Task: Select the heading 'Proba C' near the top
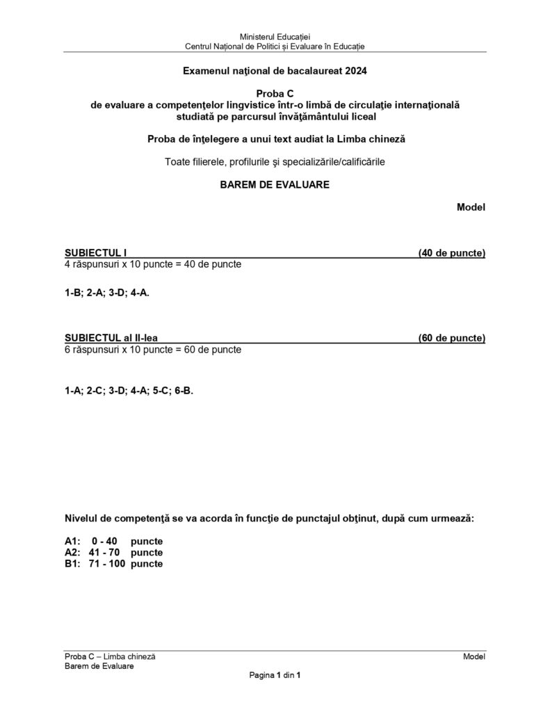275,94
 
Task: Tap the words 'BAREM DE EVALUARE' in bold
275,185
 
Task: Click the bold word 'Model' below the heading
471,207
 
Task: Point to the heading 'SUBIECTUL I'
95,253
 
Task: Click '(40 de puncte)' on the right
451,253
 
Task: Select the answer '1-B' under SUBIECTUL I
73,293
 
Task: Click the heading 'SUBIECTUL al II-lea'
111,338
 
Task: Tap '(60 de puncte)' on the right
451,338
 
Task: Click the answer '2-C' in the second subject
95,391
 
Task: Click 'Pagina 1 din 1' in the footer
275,675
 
